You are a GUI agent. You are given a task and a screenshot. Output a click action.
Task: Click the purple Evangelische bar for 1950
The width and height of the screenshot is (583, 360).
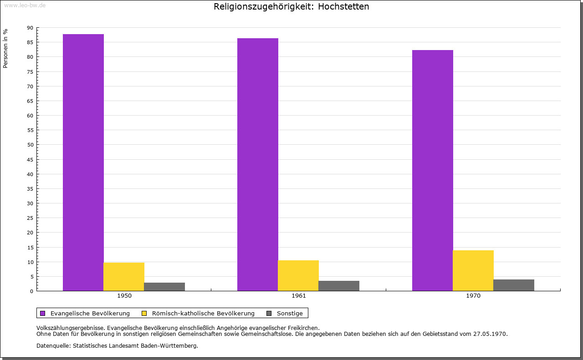point(83,162)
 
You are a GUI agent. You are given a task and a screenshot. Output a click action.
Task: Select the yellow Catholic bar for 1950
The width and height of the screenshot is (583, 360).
point(124,277)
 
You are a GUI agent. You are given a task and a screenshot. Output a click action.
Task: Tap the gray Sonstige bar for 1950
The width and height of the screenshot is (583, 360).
point(164,287)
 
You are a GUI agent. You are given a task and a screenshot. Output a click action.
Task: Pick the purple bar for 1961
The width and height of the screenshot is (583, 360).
point(258,164)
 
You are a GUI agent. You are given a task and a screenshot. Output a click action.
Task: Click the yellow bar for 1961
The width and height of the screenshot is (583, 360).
point(298,275)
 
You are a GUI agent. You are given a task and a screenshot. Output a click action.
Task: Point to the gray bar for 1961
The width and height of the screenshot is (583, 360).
point(339,286)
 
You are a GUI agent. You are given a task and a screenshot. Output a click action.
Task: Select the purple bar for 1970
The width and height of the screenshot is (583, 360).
point(433,170)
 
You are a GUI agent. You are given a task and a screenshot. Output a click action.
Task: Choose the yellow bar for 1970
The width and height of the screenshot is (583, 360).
point(473,270)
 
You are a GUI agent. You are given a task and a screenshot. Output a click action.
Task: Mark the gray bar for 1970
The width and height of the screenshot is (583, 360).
point(514,285)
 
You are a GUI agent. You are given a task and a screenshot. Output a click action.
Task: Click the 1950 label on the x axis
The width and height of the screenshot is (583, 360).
point(124,296)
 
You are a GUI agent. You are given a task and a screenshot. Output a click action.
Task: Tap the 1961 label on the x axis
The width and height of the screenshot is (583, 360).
point(299,296)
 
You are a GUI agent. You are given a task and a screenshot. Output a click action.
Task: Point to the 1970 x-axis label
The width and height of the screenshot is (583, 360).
point(473,296)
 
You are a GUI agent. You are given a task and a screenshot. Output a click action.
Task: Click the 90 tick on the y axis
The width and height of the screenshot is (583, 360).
point(30,28)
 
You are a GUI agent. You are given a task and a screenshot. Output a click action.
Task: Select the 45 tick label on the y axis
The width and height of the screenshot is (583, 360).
point(30,160)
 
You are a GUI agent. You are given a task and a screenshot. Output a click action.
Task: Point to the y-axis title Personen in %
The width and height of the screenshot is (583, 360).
point(5,48)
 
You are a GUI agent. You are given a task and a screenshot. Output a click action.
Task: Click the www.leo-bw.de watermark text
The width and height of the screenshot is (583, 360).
point(25,5)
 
